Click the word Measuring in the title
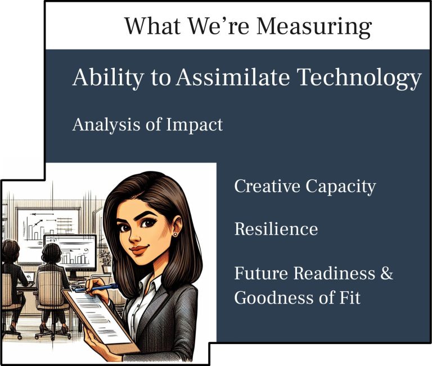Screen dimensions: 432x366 click(x=314, y=27)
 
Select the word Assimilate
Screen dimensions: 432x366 click(x=233, y=77)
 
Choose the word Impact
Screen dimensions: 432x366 click(x=194, y=125)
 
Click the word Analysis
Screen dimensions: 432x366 click(x=106, y=125)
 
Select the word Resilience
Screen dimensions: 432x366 click(x=276, y=229)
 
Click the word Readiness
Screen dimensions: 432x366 click(x=334, y=273)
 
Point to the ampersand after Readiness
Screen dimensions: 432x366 click(x=387, y=273)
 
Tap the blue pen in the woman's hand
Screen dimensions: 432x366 click(x=96, y=287)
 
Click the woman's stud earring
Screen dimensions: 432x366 click(x=175, y=234)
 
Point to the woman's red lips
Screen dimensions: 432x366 click(x=139, y=250)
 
